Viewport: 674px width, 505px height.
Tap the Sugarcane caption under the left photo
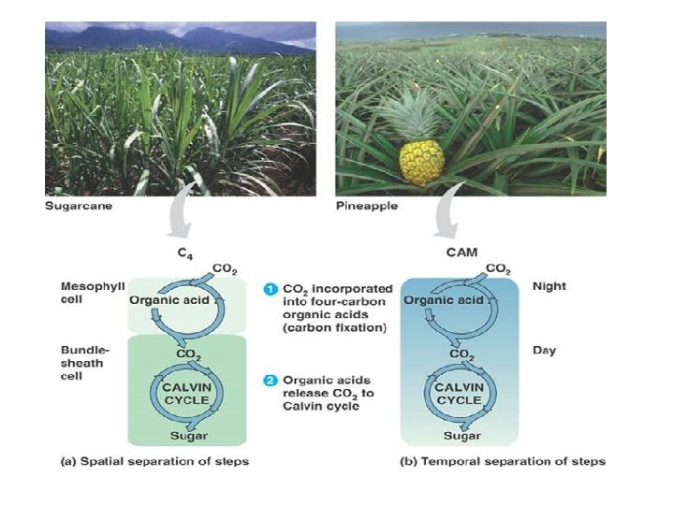click(x=79, y=207)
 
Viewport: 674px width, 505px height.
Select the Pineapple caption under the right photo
click(x=366, y=207)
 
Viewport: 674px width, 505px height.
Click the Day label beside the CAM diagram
click(x=543, y=351)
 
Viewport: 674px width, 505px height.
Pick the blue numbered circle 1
click(x=269, y=288)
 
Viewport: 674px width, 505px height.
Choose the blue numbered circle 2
click(x=269, y=380)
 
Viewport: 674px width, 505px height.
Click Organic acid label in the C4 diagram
click(x=168, y=301)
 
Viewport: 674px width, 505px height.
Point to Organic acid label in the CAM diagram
click(x=444, y=300)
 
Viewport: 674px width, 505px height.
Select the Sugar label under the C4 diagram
click(x=189, y=435)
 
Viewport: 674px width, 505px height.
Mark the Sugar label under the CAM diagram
click(x=462, y=435)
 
